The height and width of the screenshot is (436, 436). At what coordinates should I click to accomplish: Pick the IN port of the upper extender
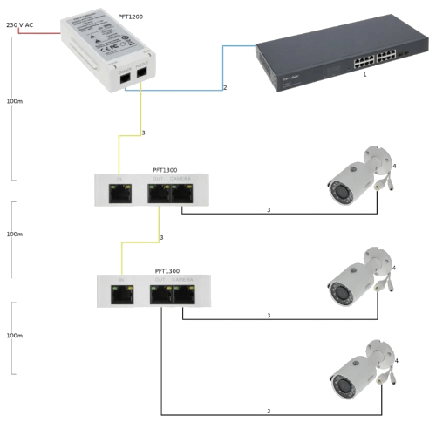pyautogui.click(x=118, y=194)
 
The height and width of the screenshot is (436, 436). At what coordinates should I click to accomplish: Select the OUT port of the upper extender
pyautogui.click(x=160, y=194)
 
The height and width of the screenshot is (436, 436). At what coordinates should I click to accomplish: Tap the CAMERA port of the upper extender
pyautogui.click(x=181, y=194)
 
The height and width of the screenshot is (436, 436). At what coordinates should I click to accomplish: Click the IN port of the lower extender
pyautogui.click(x=119, y=294)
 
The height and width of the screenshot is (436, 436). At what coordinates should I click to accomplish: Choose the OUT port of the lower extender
pyautogui.click(x=161, y=294)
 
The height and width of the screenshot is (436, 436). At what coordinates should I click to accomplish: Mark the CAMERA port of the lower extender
pyautogui.click(x=182, y=294)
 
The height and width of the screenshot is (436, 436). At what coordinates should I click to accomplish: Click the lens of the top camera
pyautogui.click(x=335, y=185)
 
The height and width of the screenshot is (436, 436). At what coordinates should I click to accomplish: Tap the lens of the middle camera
pyautogui.click(x=337, y=284)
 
